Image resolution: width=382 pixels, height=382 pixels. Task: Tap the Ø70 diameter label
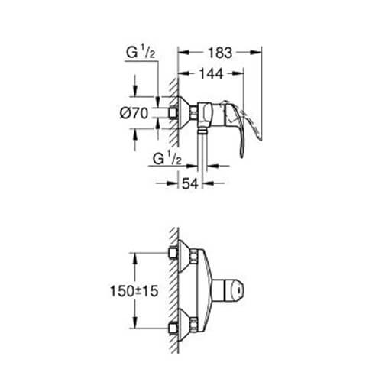click(133, 113)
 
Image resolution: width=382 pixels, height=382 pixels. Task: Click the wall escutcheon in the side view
click(183, 113)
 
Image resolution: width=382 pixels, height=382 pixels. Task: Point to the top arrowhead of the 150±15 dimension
click(136, 257)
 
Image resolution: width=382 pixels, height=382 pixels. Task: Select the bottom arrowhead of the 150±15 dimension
click(136, 327)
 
